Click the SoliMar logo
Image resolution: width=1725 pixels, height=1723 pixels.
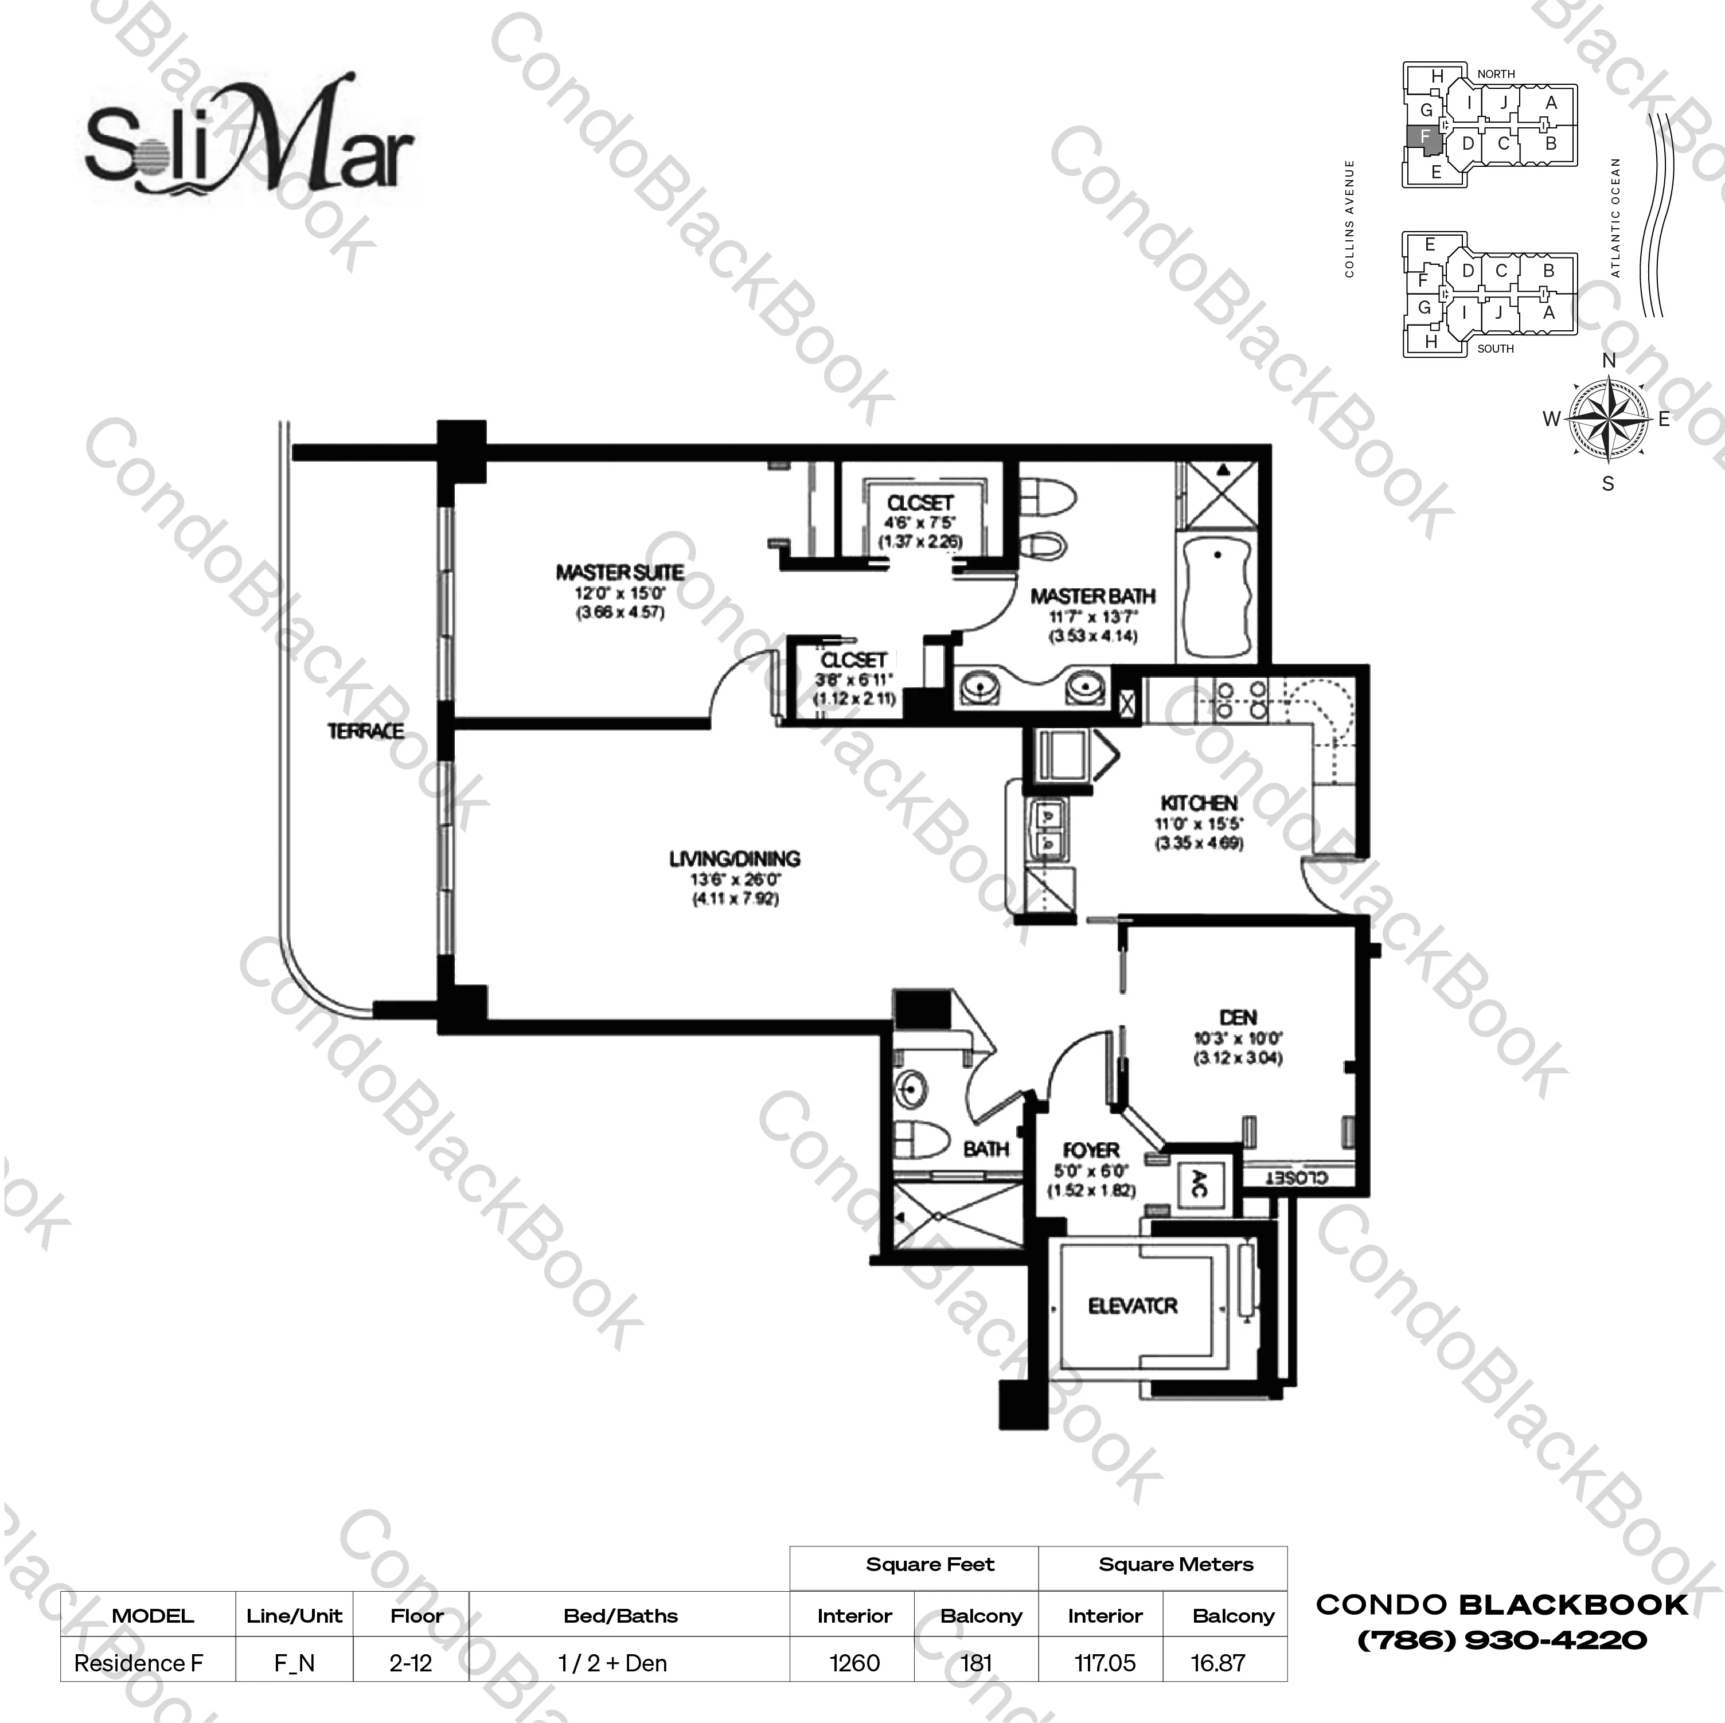click(250, 138)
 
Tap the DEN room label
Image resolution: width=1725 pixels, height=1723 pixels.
click(1238, 1017)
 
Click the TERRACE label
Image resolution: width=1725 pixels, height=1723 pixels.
click(365, 731)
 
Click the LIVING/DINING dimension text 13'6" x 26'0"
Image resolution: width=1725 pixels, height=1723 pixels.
click(735, 880)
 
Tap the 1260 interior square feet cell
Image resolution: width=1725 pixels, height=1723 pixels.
click(854, 1663)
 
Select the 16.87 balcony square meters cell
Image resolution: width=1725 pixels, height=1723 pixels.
click(1218, 1663)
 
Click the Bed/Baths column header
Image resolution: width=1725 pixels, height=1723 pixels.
click(620, 1616)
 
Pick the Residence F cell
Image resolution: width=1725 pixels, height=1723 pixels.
click(138, 1663)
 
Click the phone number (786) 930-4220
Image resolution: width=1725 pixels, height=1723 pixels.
click(1502, 1640)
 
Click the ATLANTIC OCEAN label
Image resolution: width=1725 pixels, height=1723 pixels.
click(1615, 218)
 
